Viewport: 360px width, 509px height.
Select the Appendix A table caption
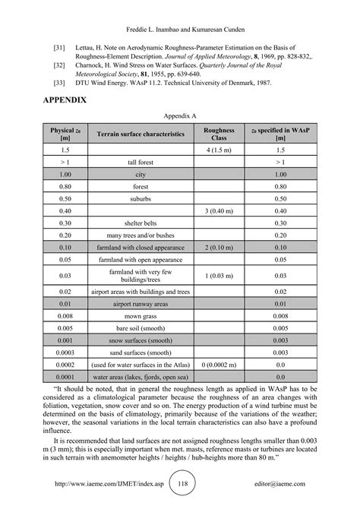(180, 116)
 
